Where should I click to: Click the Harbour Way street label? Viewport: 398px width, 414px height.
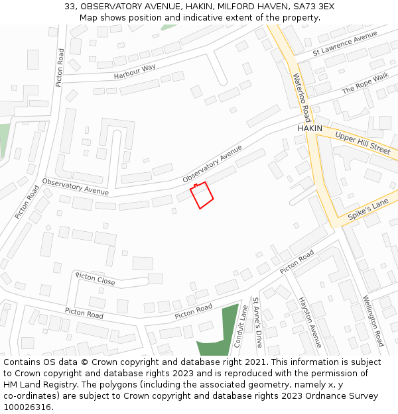coord(135,72)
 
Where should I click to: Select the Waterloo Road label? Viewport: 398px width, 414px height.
coord(301,93)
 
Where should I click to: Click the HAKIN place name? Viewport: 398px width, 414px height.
coord(310,128)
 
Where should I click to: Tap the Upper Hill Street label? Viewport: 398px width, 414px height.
coord(363,142)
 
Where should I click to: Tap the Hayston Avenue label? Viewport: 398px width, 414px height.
coord(309,322)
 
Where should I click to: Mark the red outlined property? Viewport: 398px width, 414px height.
coord(202,195)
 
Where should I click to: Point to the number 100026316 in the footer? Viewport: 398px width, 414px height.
coord(27,407)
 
